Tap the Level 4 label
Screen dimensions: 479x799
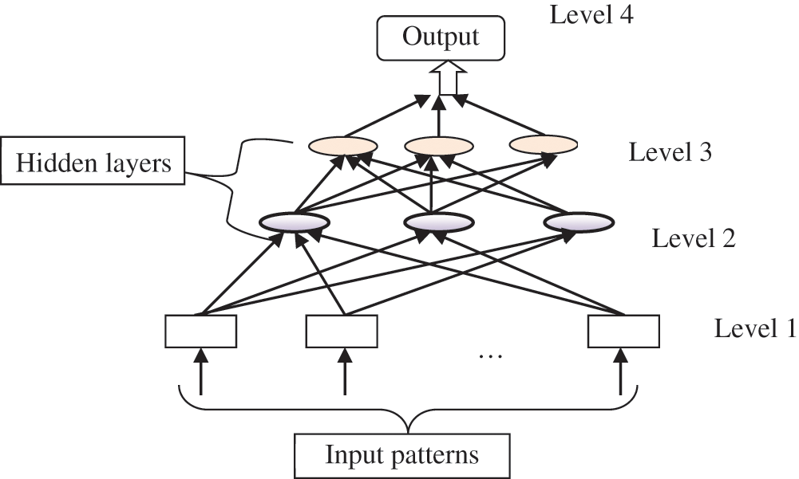(591, 14)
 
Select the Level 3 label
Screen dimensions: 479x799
(670, 151)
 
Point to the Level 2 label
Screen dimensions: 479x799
(694, 238)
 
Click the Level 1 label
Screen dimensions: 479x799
(754, 328)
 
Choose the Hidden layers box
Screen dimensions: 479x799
(93, 163)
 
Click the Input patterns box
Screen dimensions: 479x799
(401, 455)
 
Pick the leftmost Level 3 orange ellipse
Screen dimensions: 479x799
(342, 146)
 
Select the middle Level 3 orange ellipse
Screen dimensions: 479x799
(438, 146)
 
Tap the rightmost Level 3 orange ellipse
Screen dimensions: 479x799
(543, 145)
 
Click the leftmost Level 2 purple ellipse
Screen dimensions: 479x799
(295, 223)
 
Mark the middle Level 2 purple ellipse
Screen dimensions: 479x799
(438, 223)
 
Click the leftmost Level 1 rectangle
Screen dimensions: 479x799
(200, 332)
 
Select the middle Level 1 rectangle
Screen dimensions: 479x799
(342, 332)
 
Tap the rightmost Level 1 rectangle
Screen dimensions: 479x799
(623, 332)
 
